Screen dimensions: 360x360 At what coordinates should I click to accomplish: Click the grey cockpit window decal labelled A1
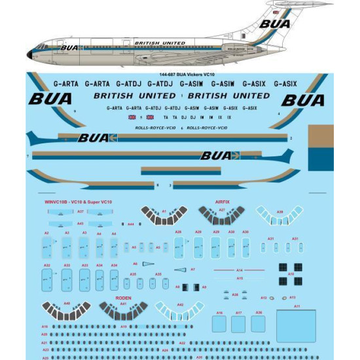163,215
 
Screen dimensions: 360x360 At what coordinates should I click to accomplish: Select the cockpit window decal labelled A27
221,215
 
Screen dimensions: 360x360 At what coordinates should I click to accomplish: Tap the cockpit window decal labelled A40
67,309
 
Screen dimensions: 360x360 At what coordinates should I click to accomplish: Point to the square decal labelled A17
239,325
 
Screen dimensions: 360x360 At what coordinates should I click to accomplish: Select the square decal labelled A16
219,325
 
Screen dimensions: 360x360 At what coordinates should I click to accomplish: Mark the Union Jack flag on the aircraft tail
276,12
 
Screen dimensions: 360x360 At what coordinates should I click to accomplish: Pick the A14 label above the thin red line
239,270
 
